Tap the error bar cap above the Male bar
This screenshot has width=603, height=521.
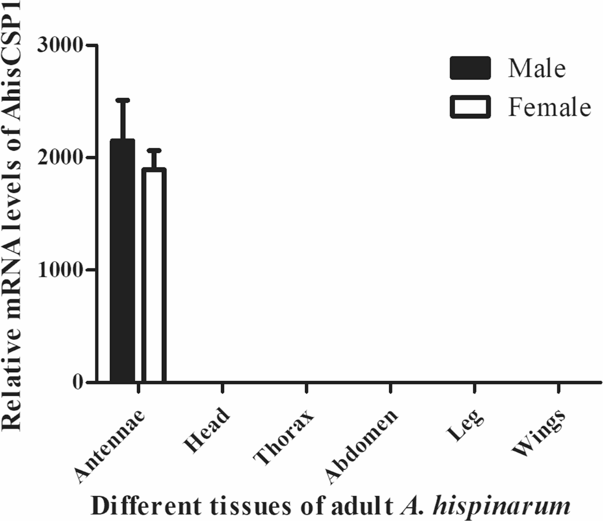(x=123, y=100)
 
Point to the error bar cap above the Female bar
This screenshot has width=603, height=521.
(x=154, y=150)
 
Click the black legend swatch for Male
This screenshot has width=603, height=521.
(x=470, y=68)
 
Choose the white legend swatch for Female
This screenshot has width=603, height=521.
(x=470, y=107)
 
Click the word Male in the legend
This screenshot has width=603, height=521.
(x=537, y=68)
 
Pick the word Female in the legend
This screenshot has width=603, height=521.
(x=549, y=107)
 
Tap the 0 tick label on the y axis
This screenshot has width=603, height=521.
(x=77, y=382)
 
